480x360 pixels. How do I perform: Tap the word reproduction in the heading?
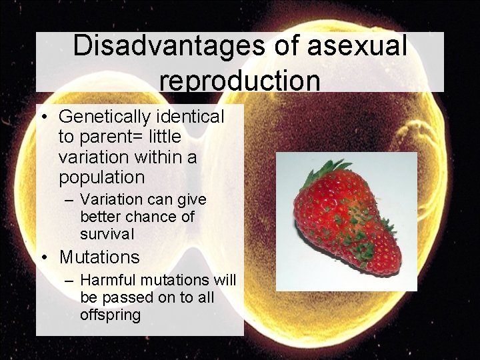[240, 80]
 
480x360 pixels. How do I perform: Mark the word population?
[101, 177]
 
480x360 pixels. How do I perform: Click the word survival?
[107, 234]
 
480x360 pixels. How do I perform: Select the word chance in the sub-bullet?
[147, 217]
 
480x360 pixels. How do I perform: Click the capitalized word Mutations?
[99, 257]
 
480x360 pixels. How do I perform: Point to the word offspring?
[110, 315]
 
